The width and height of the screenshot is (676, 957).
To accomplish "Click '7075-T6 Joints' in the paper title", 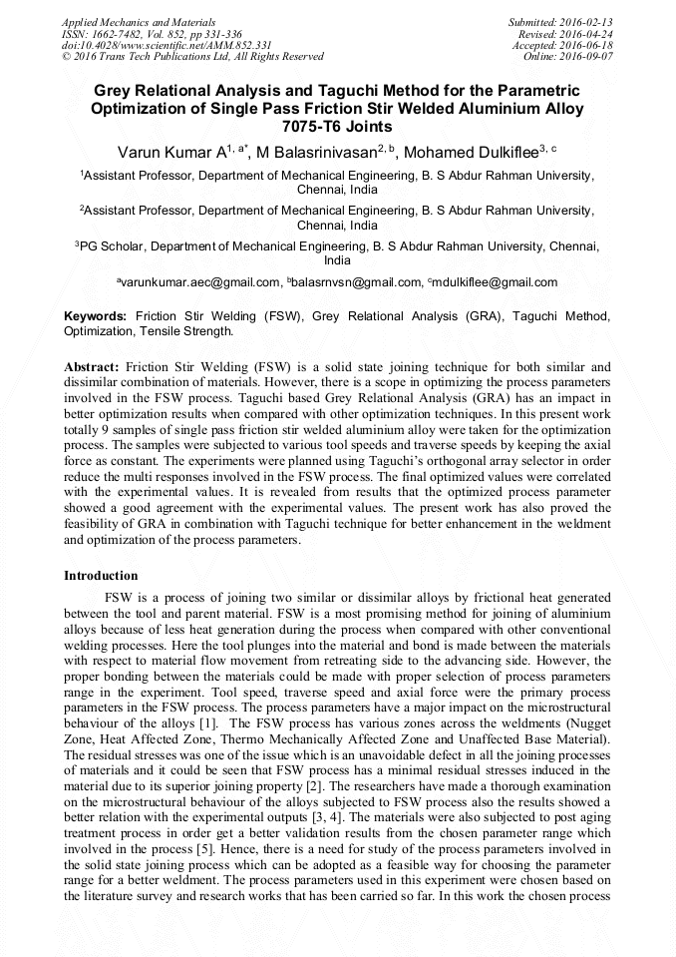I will click(x=337, y=127).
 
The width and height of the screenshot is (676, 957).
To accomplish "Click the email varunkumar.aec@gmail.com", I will click(x=200, y=283).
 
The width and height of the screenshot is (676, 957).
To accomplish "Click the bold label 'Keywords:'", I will click(x=96, y=316).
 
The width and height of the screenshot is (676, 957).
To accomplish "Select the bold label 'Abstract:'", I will click(x=92, y=367).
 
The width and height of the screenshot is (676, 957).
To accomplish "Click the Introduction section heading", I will click(x=101, y=576).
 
